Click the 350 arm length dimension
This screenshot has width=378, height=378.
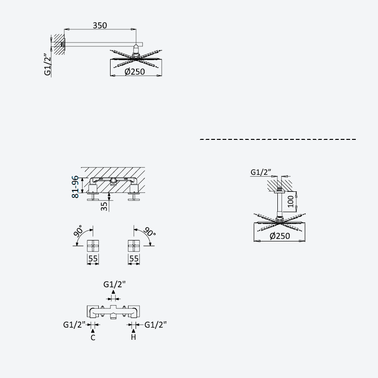(x=100, y=26)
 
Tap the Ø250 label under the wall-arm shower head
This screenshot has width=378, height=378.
(x=135, y=72)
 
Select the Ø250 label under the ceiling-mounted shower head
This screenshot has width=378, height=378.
(x=280, y=236)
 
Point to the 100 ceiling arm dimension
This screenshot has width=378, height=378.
(x=291, y=201)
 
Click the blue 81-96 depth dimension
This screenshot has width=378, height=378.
(x=75, y=187)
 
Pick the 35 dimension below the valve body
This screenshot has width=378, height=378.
(x=104, y=206)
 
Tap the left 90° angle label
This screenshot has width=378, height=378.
(x=78, y=231)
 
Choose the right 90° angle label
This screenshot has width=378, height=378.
(x=149, y=232)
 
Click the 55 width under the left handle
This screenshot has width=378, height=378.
(x=93, y=258)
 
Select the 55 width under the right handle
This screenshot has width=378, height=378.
(x=134, y=258)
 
